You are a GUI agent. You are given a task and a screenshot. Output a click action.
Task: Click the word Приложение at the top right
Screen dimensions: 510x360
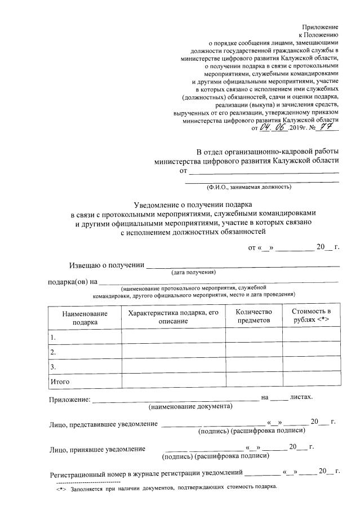[320, 26]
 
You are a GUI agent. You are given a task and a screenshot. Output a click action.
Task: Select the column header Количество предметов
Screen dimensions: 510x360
[254, 316]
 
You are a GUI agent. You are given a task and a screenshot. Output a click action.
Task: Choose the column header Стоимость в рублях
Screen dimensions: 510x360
[311, 316]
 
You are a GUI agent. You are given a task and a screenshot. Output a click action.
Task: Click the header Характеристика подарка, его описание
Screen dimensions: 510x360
[173, 316]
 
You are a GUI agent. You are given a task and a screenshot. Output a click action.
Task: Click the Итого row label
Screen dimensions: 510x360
[60, 382]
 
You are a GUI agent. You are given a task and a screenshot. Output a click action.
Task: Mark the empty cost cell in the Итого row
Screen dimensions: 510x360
[311, 382]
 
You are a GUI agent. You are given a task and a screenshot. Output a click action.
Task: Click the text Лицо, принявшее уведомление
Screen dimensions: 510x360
[94, 449]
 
